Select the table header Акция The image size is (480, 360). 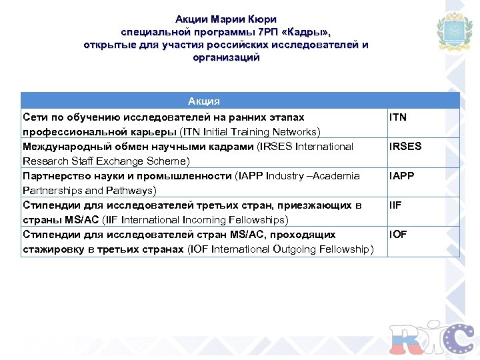[x=204, y=101]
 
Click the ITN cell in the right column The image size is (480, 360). [x=398, y=117]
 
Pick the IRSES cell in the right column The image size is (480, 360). [x=405, y=147]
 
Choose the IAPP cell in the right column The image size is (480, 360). [x=401, y=176]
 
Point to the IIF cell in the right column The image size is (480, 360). [x=395, y=205]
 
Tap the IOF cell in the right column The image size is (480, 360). [x=398, y=235]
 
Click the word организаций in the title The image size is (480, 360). [x=226, y=57]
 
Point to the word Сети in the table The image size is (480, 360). [x=34, y=117]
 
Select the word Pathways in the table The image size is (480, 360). [x=133, y=190]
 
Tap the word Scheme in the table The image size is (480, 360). [x=167, y=161]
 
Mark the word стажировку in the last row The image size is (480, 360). [x=54, y=249]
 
